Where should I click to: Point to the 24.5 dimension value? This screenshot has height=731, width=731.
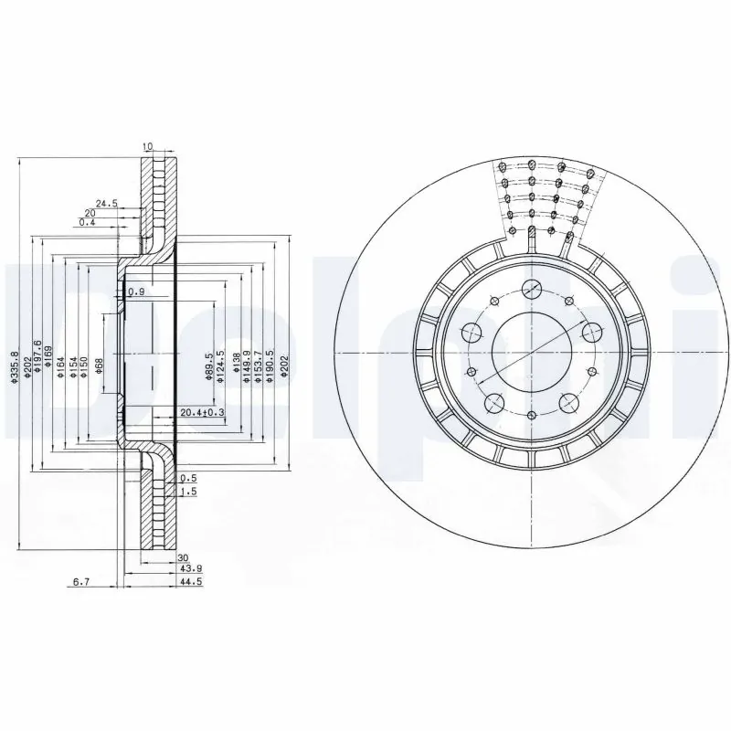108,204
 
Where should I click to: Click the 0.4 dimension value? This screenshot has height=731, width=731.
87,222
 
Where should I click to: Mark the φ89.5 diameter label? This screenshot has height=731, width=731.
209,366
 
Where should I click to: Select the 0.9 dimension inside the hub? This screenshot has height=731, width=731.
137,291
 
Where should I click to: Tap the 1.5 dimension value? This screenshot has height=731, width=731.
187,491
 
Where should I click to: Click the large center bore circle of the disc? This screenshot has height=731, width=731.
529,350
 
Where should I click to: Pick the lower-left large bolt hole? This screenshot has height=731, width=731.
493,402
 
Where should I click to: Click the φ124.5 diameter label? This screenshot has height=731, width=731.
221,366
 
